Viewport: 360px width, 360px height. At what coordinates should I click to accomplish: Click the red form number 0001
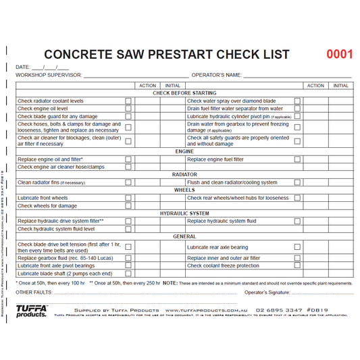[x=339, y=54]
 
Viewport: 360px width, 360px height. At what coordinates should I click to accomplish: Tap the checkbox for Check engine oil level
[x=128, y=109]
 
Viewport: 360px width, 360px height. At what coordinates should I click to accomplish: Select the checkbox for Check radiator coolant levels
[x=128, y=101]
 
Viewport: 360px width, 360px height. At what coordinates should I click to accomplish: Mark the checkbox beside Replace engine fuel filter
[x=297, y=159]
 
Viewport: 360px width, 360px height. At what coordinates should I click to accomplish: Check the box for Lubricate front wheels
[x=128, y=198]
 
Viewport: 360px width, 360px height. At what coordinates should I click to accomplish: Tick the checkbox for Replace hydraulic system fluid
[x=297, y=221]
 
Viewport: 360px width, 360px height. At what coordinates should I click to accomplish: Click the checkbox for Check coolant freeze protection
[x=297, y=265]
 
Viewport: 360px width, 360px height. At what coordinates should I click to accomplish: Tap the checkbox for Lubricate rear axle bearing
[x=297, y=247]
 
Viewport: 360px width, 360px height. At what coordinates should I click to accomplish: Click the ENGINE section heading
[x=184, y=151]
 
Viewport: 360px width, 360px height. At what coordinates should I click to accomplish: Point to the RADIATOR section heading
[x=184, y=174]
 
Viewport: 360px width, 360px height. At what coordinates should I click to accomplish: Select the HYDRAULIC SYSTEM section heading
[x=184, y=213]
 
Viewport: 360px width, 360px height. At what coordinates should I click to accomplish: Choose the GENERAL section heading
[x=184, y=236]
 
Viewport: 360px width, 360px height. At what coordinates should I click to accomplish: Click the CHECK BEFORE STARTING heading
[x=184, y=93]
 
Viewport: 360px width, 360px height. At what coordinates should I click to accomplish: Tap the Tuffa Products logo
[x=31, y=311]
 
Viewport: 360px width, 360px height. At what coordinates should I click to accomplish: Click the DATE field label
[x=23, y=68]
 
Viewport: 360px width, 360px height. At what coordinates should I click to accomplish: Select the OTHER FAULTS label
[x=32, y=293]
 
